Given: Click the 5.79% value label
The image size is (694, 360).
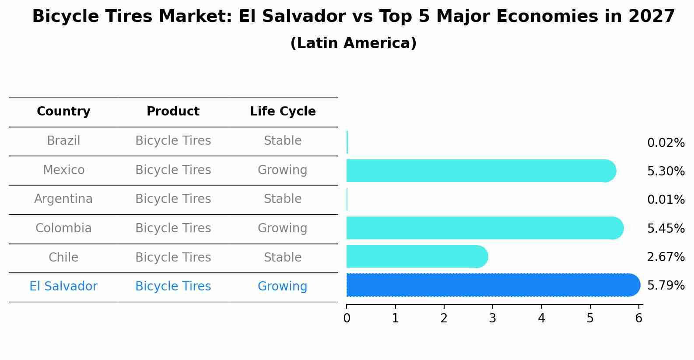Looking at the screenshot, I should pyautogui.click(x=666, y=286).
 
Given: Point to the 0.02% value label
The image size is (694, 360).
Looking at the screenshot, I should pyautogui.click(x=666, y=143).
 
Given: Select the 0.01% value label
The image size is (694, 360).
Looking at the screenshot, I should pyautogui.click(x=666, y=200).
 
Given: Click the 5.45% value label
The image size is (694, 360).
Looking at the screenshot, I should pyautogui.click(x=666, y=228).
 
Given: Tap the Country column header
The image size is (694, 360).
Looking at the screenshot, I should pyautogui.click(x=63, y=112).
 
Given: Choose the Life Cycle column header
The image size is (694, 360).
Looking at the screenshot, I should pyautogui.click(x=283, y=112).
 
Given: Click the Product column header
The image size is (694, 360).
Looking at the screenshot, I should pyautogui.click(x=173, y=112).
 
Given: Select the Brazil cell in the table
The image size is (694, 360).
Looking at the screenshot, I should pyautogui.click(x=63, y=141).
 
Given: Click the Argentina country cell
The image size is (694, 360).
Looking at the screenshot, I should pyautogui.click(x=63, y=199).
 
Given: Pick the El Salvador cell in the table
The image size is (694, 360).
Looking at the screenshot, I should pyautogui.click(x=63, y=287).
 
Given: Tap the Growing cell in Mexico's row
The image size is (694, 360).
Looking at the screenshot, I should pyautogui.click(x=282, y=170).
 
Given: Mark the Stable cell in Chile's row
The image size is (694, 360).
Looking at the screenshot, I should pyautogui.click(x=282, y=257).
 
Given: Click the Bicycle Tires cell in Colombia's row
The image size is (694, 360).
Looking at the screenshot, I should pyautogui.click(x=173, y=228).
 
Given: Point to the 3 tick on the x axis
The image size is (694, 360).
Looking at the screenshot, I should pyautogui.click(x=493, y=318).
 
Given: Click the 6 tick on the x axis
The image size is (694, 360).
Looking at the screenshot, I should pyautogui.click(x=638, y=318).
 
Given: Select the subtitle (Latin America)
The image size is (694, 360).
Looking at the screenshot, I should pyautogui.click(x=353, y=43).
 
